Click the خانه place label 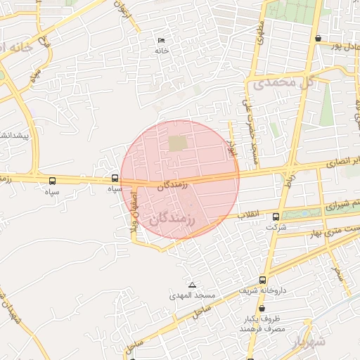(162, 51)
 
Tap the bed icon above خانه (162, 40)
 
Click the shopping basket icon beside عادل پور (319, 38)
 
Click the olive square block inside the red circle (178, 143)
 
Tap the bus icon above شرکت (276, 217)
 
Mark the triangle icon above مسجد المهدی (192, 285)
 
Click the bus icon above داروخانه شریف (262, 279)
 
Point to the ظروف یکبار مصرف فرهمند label (261, 324)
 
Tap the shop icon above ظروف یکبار (262, 308)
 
